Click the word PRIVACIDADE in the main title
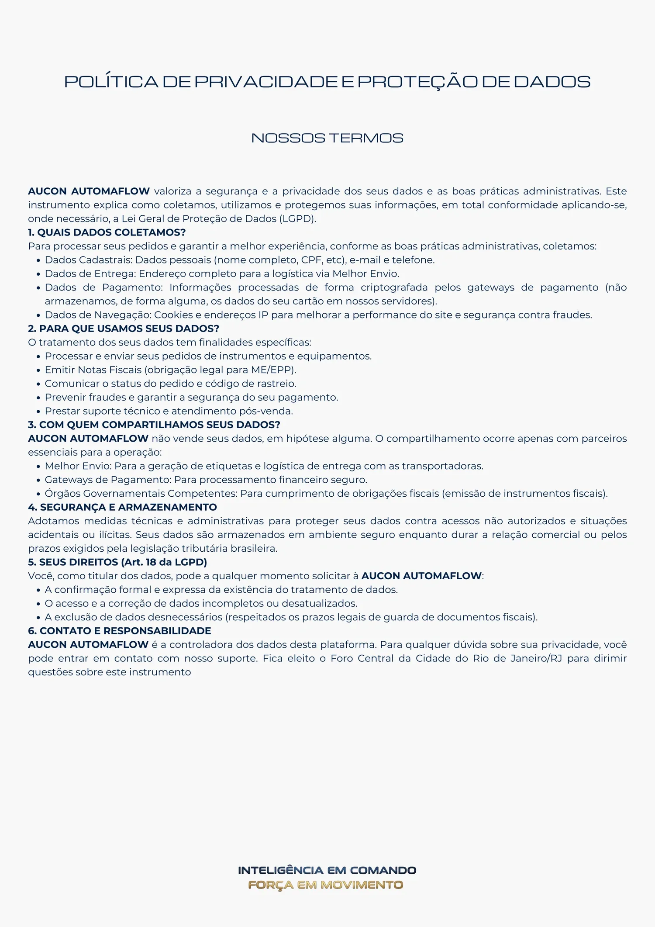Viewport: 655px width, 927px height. pos(265,82)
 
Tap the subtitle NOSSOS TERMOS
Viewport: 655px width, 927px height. pos(327,138)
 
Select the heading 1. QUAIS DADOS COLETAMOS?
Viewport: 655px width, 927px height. pos(107,232)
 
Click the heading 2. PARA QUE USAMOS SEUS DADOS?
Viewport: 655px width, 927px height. pos(124,329)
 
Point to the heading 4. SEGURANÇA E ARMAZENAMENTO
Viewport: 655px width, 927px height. pos(122,507)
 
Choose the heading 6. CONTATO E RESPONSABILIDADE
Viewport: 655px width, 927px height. pos(119,631)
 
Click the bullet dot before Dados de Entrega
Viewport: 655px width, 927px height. pos(38,274)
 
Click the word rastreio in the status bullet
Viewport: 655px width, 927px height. pos(277,384)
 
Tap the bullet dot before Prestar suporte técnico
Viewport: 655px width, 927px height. pos(38,412)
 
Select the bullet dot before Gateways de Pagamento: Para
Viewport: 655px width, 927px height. pos(38,481)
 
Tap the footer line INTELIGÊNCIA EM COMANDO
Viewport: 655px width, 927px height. pos(327,871)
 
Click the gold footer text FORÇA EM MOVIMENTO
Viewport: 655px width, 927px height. pos(325,885)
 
